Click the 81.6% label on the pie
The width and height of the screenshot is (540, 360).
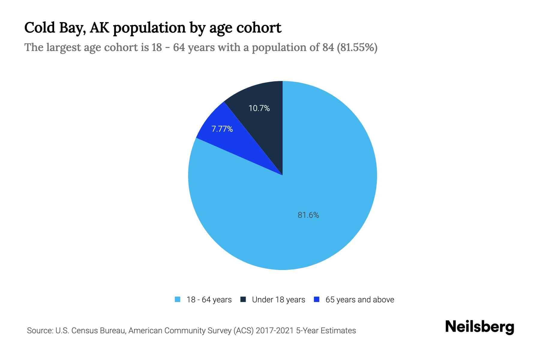click(308, 215)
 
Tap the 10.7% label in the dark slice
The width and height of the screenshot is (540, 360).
click(259, 108)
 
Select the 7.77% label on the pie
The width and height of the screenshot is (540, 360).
click(222, 129)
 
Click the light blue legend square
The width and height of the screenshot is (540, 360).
click(178, 299)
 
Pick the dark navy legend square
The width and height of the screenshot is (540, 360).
click(243, 299)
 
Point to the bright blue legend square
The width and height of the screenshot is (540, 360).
click(316, 299)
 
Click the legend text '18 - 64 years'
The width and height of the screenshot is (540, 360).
click(209, 300)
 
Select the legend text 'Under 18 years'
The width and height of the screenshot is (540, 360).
click(278, 300)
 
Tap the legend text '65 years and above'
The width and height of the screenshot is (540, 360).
click(360, 300)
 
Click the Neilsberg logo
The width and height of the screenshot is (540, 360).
click(479, 327)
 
